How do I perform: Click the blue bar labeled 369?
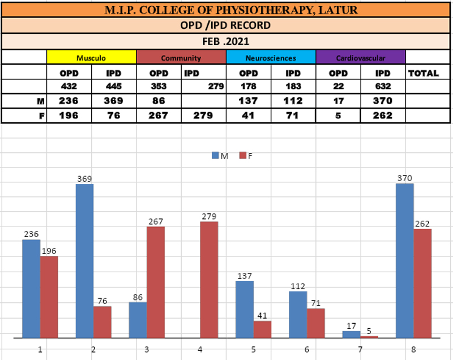point(84,260)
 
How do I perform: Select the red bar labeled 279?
point(209,280)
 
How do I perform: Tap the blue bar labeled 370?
point(404,260)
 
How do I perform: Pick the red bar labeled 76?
point(102,322)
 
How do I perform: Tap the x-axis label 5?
point(253,350)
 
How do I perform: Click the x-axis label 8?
point(413,350)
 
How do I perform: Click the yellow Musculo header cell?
point(92,58)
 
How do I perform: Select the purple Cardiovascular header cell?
point(361,58)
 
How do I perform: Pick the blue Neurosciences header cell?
point(271,58)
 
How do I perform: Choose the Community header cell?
point(181,58)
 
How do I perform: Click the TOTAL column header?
point(423,73)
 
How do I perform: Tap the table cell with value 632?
point(383,87)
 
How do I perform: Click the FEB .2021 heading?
point(226,41)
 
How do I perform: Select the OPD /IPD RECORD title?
point(226,25)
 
